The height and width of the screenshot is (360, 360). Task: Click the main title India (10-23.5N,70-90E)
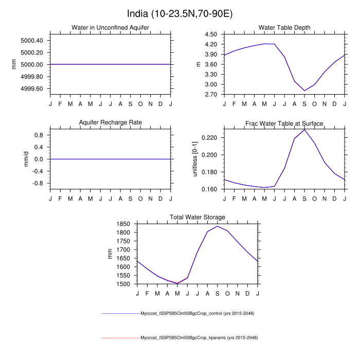(180, 12)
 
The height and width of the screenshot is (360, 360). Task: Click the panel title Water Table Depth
(284, 27)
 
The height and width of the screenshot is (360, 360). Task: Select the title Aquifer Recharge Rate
(111, 122)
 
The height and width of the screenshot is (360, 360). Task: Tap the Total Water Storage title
(197, 217)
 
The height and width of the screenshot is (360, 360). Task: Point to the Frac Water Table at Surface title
(284, 123)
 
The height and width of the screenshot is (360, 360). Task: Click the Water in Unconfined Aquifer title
(111, 27)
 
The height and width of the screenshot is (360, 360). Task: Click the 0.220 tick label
(209, 138)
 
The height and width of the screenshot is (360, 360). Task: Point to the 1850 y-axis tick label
(123, 224)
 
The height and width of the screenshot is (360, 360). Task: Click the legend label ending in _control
(198, 313)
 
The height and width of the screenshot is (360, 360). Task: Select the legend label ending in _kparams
(199, 338)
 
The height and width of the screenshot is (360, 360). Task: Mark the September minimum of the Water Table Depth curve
(304, 91)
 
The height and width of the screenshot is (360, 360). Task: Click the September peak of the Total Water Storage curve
(218, 226)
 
